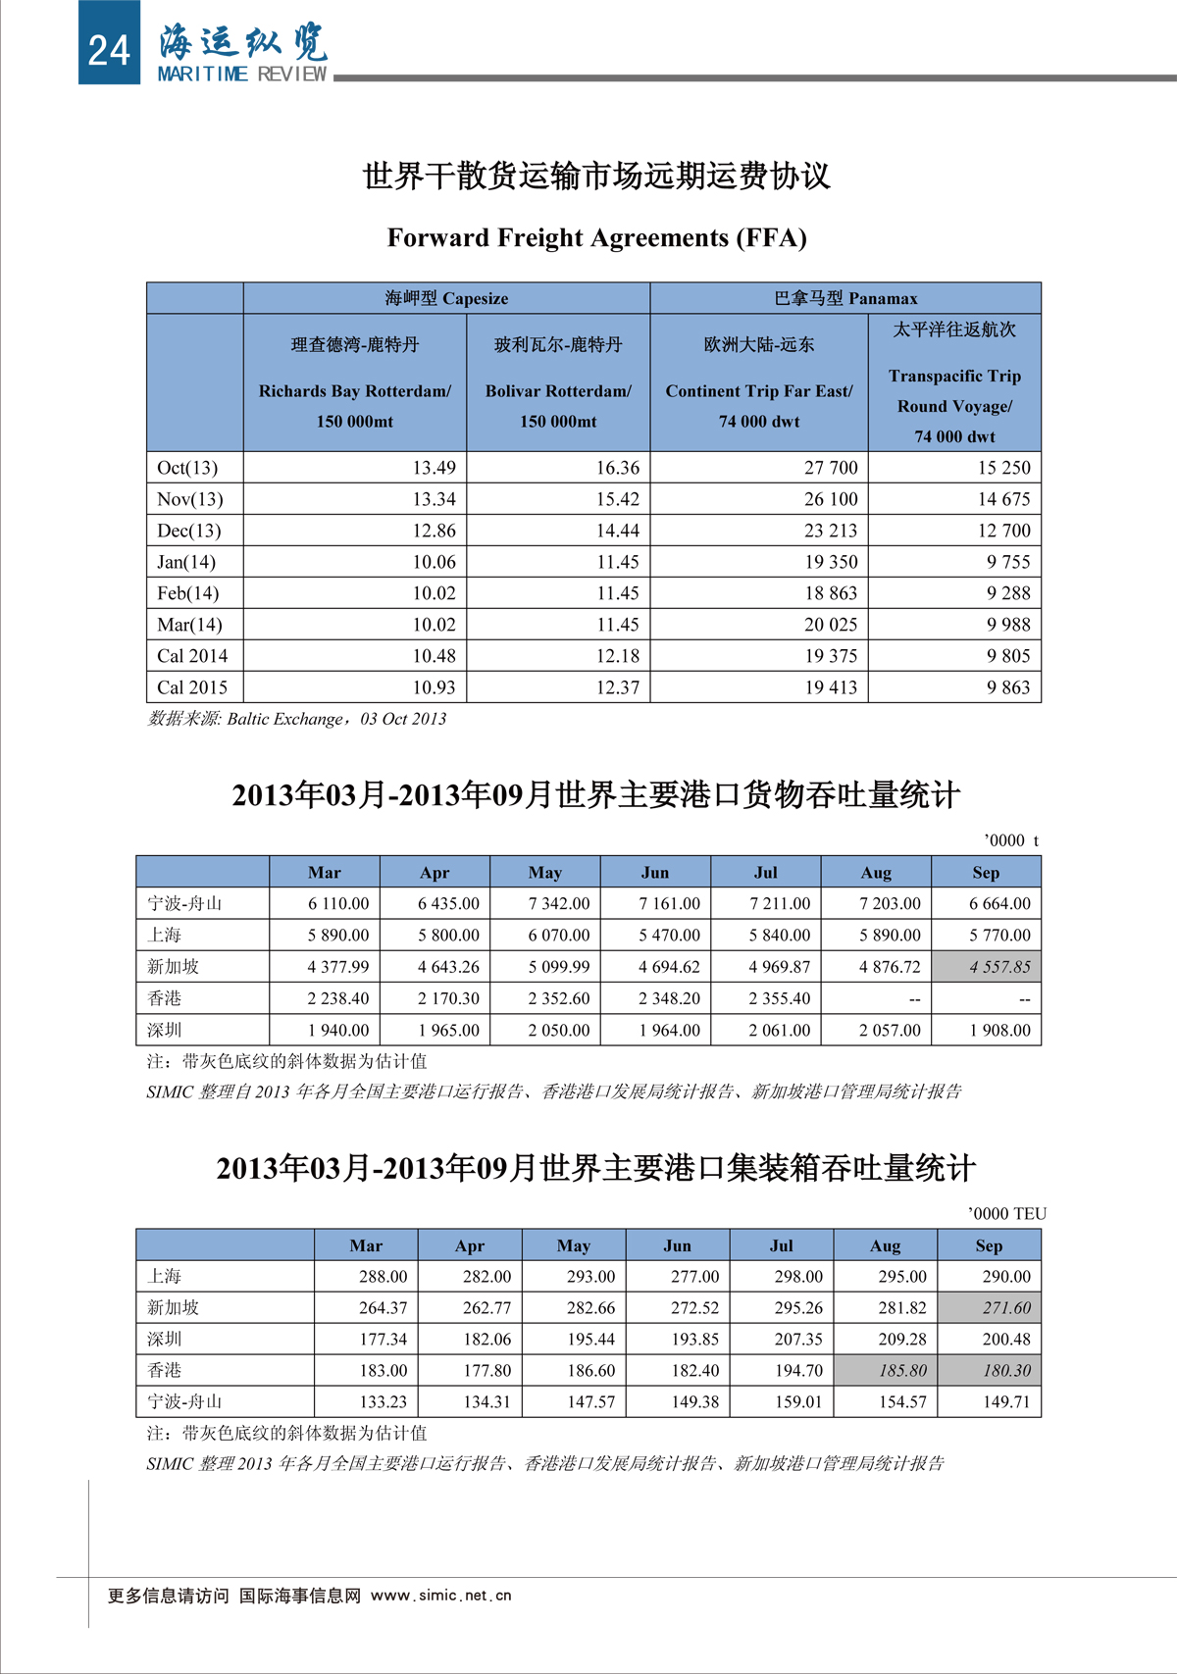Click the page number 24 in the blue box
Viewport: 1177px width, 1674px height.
pos(108,49)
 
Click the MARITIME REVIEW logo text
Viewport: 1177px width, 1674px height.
pos(241,75)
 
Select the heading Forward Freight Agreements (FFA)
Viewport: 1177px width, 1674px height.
pos(596,238)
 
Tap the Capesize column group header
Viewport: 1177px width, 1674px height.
pos(446,298)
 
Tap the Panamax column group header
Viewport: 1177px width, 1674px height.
pos(845,298)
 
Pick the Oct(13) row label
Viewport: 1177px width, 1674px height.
pos(187,468)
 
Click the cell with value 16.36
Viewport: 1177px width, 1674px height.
pos(617,468)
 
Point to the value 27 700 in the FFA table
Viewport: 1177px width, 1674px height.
pos(830,468)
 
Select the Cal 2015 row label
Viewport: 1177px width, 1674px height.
pos(192,687)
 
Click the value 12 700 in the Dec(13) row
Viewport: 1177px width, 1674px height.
pos(1003,531)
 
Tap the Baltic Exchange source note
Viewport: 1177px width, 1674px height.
pos(297,719)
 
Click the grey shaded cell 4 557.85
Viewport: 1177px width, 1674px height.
pos(999,967)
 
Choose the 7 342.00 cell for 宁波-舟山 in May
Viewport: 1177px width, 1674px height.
pos(559,903)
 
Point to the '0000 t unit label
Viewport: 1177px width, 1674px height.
pos(1010,840)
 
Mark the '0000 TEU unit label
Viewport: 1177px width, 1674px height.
pos(1006,1214)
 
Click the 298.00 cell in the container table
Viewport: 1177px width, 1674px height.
pos(798,1277)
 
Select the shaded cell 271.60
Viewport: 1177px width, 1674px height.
pos(1006,1308)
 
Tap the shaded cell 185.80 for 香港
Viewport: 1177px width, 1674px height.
pos(902,1371)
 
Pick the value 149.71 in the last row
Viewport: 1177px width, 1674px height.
pos(1006,1402)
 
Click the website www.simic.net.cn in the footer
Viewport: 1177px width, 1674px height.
pos(440,1596)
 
